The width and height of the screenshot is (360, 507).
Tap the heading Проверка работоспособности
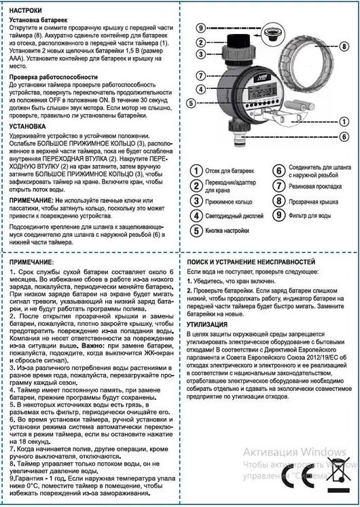(x=58, y=78)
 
